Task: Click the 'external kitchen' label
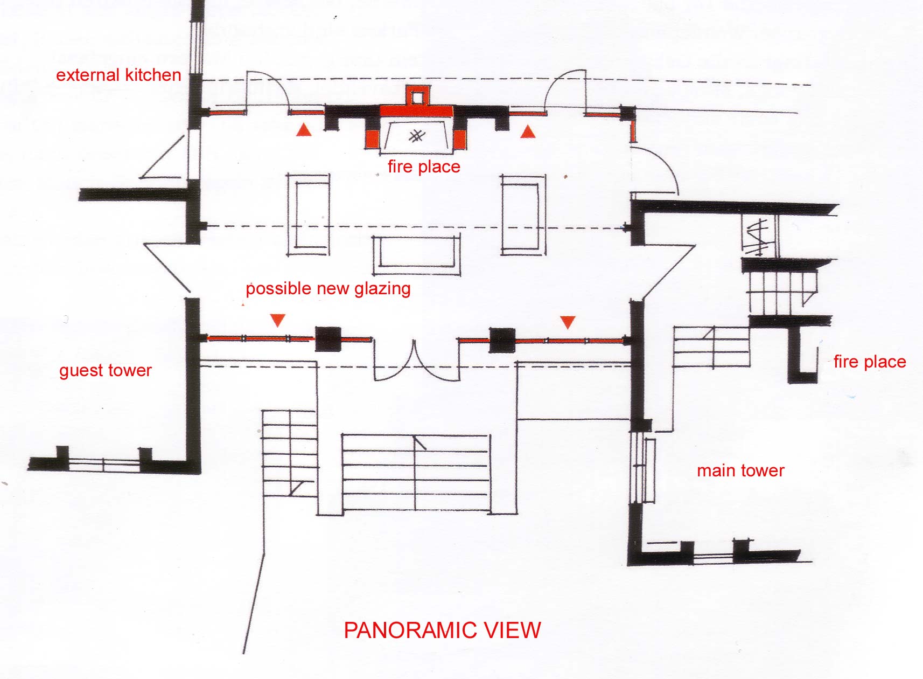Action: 118,75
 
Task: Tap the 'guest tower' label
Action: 106,370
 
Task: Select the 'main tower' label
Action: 740,470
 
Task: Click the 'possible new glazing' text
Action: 328,289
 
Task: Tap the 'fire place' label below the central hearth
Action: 424,167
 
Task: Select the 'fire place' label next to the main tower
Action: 870,362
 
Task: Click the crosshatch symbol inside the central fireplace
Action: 417,136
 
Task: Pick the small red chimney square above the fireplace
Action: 417,95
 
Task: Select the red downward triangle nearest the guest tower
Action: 277,320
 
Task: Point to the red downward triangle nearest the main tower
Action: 568,322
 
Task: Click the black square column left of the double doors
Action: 328,339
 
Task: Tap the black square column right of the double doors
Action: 502,341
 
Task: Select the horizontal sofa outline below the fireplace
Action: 416,255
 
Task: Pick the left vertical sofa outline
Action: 308,215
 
